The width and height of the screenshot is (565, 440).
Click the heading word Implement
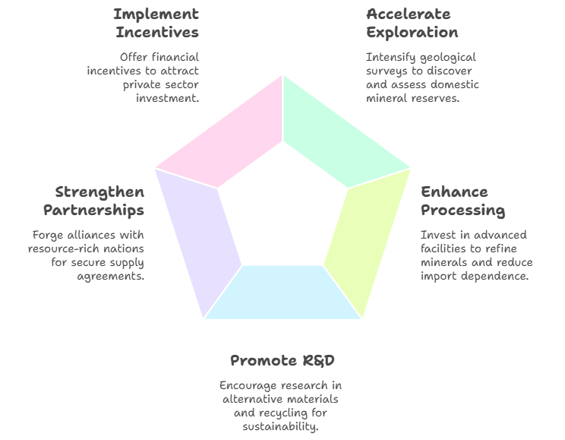[x=156, y=14]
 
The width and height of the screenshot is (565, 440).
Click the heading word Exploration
[x=412, y=33]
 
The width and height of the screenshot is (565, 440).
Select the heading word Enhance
[x=454, y=192]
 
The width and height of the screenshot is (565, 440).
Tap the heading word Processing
[x=462, y=211]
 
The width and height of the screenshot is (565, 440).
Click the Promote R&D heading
[x=282, y=360]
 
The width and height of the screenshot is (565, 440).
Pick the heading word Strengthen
[x=99, y=192]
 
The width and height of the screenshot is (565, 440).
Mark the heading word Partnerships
[x=93, y=211]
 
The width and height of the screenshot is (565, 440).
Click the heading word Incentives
[x=157, y=33]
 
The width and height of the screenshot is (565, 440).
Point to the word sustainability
[x=281, y=426]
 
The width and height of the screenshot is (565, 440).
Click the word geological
[x=448, y=57]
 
